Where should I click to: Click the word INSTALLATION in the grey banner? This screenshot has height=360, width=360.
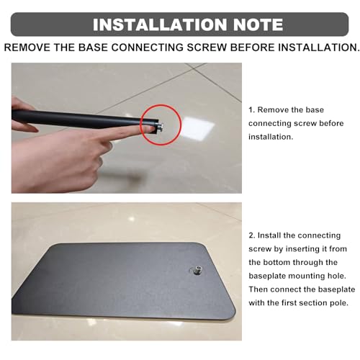pyautogui.click(x=160, y=24)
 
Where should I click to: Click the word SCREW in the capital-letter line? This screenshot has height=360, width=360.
pyautogui.click(x=207, y=48)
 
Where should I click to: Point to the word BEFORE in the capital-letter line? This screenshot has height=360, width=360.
pyautogui.click(x=252, y=48)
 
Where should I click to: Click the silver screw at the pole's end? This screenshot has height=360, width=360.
pyautogui.click(x=160, y=126)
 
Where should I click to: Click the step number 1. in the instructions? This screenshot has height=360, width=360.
pyautogui.click(x=251, y=110)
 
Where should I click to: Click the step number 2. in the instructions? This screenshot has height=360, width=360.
pyautogui.click(x=252, y=235)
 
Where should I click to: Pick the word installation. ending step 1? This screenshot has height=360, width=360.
pyautogui.click(x=271, y=137)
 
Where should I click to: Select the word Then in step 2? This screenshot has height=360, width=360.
pyautogui.click(x=258, y=289)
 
